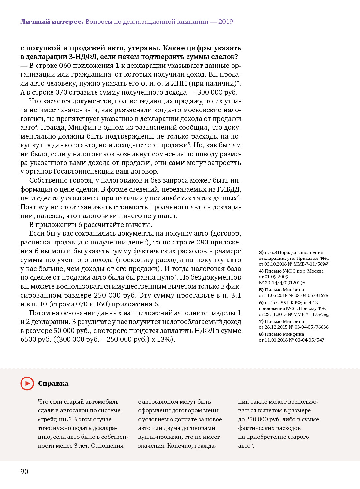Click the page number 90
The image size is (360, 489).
pos(24,472)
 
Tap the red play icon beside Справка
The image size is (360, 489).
pos(27,383)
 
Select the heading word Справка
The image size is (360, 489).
pos(53,384)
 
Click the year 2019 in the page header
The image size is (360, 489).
pos(226,22)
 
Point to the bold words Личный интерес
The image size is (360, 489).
pos(52,22)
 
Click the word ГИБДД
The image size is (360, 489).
pos(229,189)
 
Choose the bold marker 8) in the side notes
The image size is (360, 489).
pos(261,334)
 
